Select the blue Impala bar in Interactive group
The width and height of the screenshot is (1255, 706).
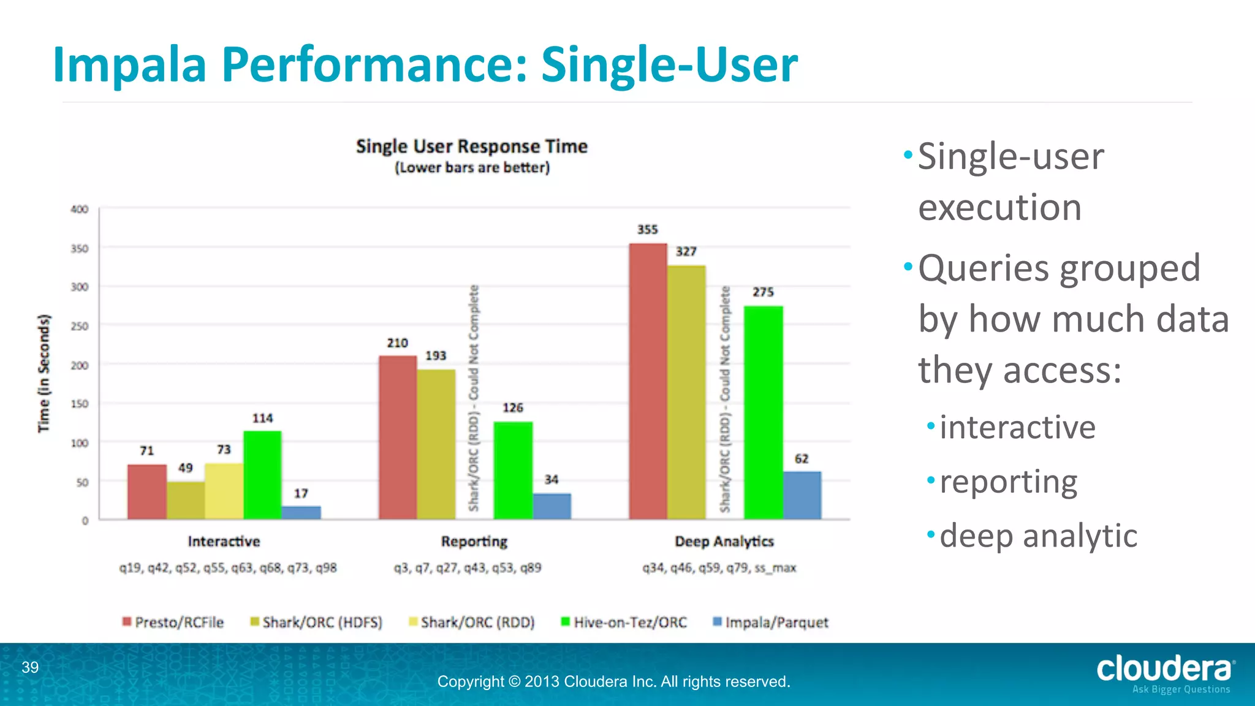[301, 512]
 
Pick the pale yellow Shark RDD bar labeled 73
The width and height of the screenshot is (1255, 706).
[224, 491]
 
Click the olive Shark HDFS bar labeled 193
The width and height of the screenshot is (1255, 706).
[436, 444]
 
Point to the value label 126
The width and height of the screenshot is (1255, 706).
[513, 408]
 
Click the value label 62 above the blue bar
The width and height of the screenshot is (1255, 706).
[802, 458]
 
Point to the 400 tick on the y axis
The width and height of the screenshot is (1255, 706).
[80, 209]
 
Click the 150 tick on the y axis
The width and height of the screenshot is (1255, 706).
[80, 404]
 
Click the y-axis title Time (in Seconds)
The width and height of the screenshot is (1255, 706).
[44, 373]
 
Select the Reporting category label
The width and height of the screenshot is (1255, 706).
[474, 542]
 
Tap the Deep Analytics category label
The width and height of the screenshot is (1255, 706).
[724, 542]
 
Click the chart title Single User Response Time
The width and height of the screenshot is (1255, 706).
[472, 146]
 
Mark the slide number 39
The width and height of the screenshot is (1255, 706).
[30, 667]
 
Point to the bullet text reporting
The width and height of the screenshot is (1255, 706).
[1008, 482]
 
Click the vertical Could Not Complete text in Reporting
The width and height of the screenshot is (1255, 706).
[474, 398]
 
